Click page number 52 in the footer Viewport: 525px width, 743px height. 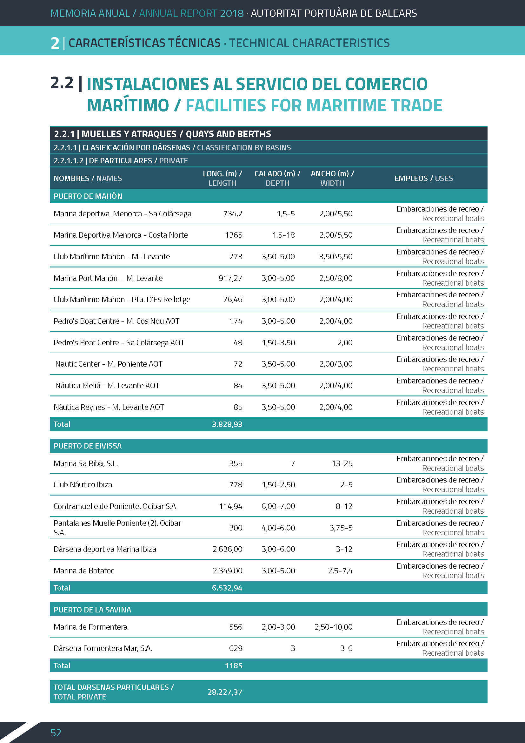coord(56,733)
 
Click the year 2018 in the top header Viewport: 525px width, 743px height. coord(231,13)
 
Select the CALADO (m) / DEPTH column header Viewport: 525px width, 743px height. coord(277,178)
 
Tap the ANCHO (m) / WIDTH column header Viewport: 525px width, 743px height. coord(332,178)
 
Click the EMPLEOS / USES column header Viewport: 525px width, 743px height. coord(423,178)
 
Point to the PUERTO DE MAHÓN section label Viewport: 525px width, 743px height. coord(88,196)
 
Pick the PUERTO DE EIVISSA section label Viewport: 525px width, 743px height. coord(88,446)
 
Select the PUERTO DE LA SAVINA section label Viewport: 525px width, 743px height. coord(92,610)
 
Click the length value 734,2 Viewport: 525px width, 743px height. coord(232,213)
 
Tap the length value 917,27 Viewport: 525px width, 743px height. coord(230,278)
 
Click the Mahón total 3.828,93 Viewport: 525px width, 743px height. coord(227,424)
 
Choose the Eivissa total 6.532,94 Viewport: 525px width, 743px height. coord(227,588)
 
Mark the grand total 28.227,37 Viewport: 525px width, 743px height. coord(225,692)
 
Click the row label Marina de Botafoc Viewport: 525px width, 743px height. coord(84,571)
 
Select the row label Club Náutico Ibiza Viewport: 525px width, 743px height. coord(83,484)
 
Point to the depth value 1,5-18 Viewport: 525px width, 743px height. coord(283,235)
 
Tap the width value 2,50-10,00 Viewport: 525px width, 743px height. coord(333,627)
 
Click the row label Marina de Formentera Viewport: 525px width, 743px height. coord(90,627)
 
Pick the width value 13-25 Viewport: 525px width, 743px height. coord(342,463)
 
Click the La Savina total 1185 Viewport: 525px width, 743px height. coord(233,666)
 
